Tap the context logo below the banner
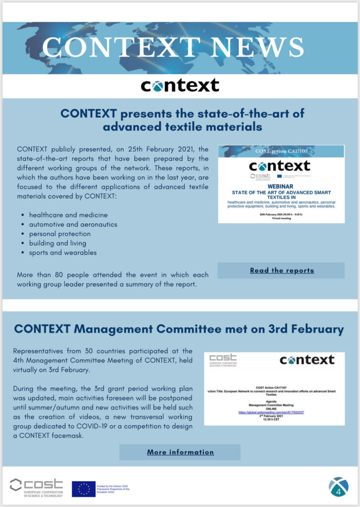pyautogui.click(x=180, y=86)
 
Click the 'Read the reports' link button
pyautogui.click(x=281, y=270)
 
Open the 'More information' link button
pyautogui.click(x=180, y=452)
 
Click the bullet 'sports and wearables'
pyautogui.click(x=63, y=253)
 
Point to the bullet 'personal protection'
pyautogui.click(x=60, y=234)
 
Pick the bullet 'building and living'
pyautogui.click(x=57, y=243)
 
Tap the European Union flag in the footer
pyautogui.click(x=84, y=489)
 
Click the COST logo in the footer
pyautogui.click(x=37, y=488)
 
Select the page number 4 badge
pyautogui.click(x=339, y=487)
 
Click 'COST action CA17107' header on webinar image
pyautogui.click(x=281, y=151)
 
